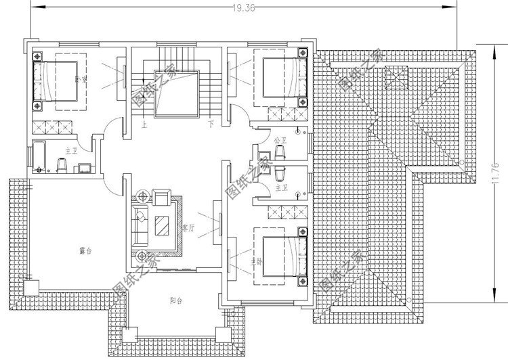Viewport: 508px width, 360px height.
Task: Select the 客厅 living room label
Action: [188, 228]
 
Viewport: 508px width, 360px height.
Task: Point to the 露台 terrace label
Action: [85, 250]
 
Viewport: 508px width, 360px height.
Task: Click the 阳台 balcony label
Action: [175, 300]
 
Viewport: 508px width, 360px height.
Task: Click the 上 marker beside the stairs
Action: [144, 125]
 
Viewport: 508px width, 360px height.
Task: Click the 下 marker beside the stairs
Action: [211, 125]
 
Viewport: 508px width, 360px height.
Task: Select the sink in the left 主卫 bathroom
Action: [83, 167]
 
